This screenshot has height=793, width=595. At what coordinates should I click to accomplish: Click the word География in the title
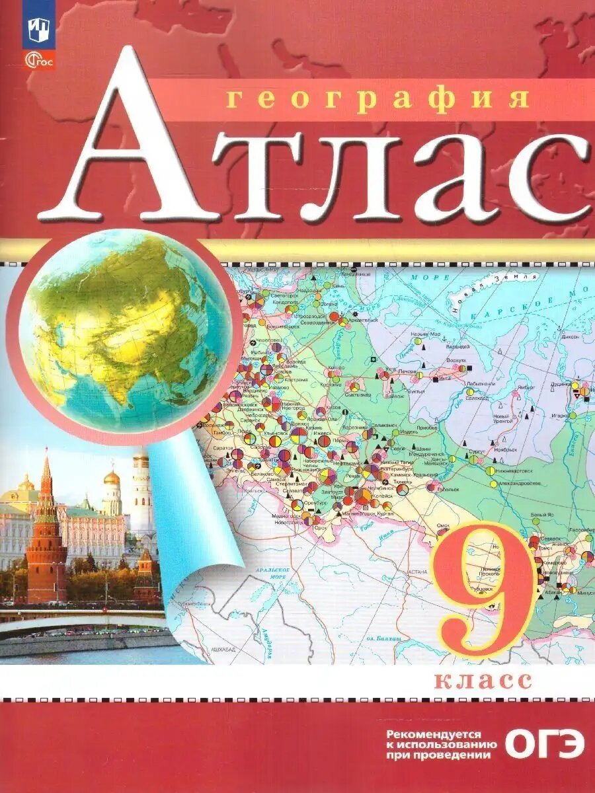pyautogui.click(x=378, y=98)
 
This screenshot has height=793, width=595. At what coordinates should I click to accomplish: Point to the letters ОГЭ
pyautogui.click(x=545, y=744)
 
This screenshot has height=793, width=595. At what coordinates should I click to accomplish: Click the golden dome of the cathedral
pyautogui.click(x=112, y=477)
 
